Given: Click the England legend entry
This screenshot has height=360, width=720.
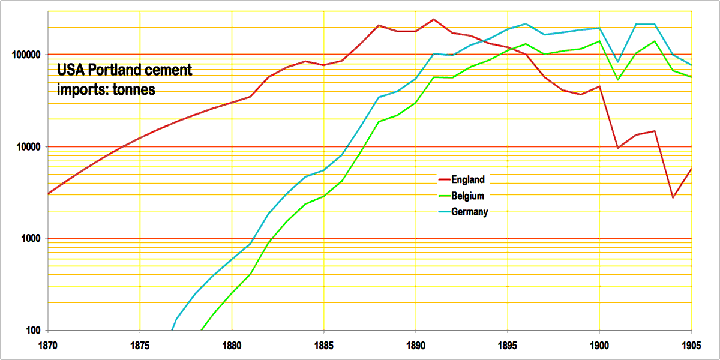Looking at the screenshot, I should tap(468, 179).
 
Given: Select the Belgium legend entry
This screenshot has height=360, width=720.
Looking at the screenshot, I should tap(469, 195).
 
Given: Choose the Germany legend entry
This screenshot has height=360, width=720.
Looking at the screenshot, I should tap(470, 211).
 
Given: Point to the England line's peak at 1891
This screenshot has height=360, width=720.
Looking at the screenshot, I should tap(434, 19).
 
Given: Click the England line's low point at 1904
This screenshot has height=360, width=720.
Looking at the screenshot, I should tap(673, 197).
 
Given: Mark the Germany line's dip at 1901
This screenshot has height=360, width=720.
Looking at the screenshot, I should tap(618, 62).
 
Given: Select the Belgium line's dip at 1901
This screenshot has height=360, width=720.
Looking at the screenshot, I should tap(618, 80).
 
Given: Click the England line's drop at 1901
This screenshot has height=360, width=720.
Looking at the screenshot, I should tap(618, 148).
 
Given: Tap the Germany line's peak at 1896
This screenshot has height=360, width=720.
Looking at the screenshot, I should tap(526, 24).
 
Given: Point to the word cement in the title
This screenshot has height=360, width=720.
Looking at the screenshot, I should tap(171, 70).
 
